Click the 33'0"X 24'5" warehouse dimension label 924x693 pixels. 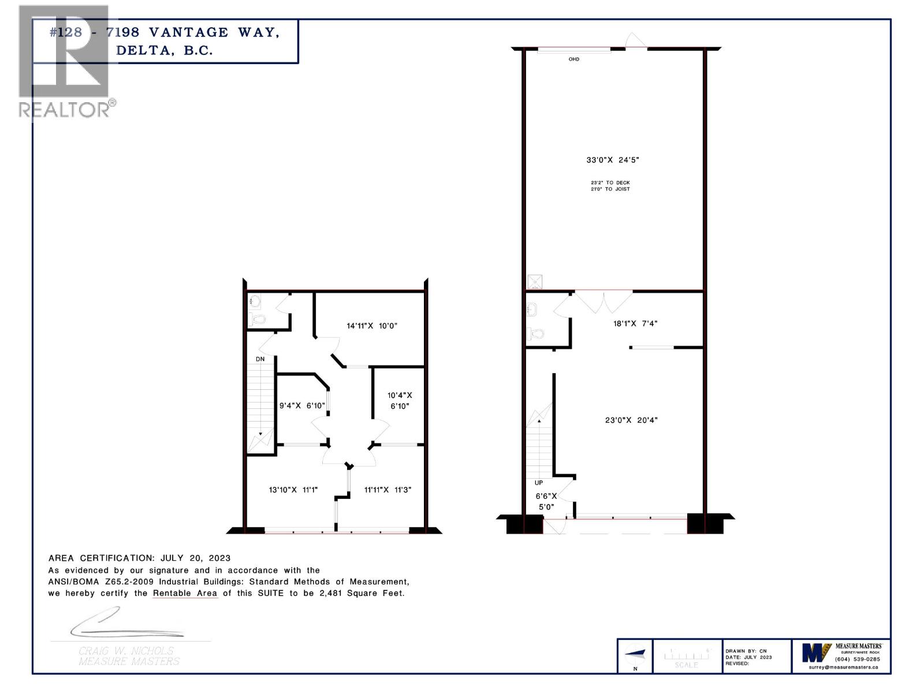click(x=613, y=160)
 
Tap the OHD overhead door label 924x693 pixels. click(x=573, y=59)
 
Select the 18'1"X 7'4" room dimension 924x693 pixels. click(x=635, y=323)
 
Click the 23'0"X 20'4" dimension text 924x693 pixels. click(x=631, y=420)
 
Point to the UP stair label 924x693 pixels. click(x=539, y=483)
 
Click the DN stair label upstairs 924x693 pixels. click(x=260, y=359)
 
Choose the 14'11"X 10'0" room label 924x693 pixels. click(x=372, y=326)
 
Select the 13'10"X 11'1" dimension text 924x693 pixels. click(x=293, y=490)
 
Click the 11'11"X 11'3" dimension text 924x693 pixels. click(x=388, y=490)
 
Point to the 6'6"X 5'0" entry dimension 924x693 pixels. click(x=546, y=501)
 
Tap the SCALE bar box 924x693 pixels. click(x=687, y=657)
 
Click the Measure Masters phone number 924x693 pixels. click(x=858, y=659)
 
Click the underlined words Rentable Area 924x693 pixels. click(x=185, y=593)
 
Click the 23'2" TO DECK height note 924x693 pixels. click(x=610, y=182)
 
